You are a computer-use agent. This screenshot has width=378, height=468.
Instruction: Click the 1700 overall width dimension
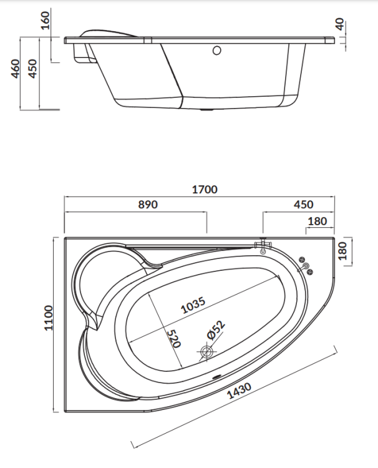(x=205, y=190)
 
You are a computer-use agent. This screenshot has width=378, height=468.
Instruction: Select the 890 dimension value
(x=148, y=204)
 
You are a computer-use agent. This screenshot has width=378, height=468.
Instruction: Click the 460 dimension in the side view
(x=16, y=70)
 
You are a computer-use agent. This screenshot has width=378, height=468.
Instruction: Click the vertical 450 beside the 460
(x=34, y=70)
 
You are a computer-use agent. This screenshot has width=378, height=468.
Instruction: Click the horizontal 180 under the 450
(x=318, y=221)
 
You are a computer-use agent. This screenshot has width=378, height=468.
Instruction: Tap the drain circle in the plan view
(x=206, y=352)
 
